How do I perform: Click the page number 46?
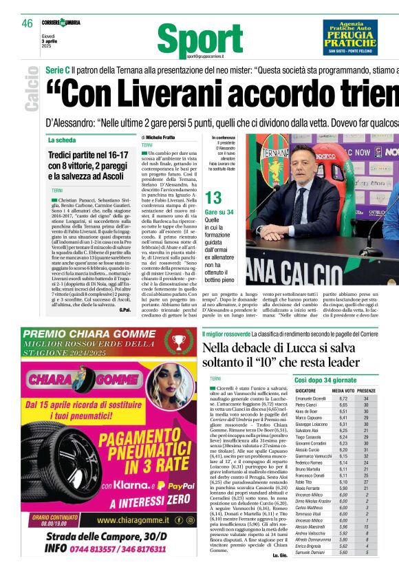point(27,23)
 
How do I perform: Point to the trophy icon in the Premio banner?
point(180,341)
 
